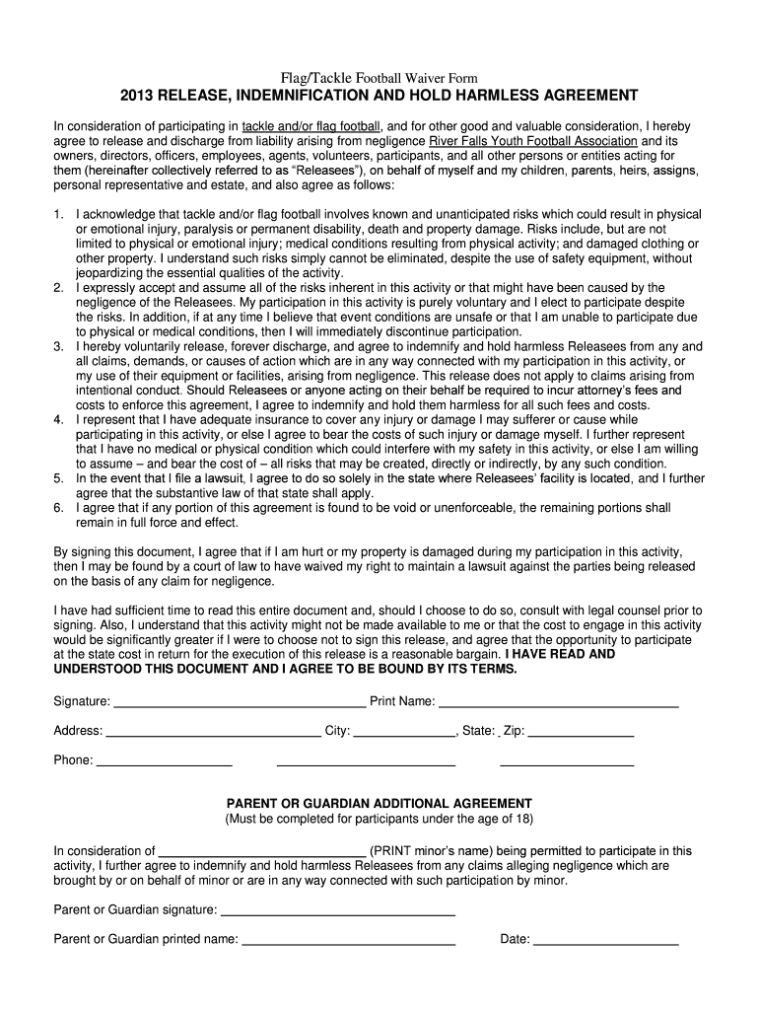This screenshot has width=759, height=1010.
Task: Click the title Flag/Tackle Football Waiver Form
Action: click(379, 78)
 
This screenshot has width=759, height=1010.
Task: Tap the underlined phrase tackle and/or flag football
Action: click(311, 126)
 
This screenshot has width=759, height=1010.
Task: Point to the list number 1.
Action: click(59, 214)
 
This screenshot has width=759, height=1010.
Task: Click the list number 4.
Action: click(59, 419)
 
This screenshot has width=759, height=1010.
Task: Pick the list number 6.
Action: click(59, 508)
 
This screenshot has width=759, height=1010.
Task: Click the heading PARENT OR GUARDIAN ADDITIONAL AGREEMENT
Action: click(379, 804)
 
